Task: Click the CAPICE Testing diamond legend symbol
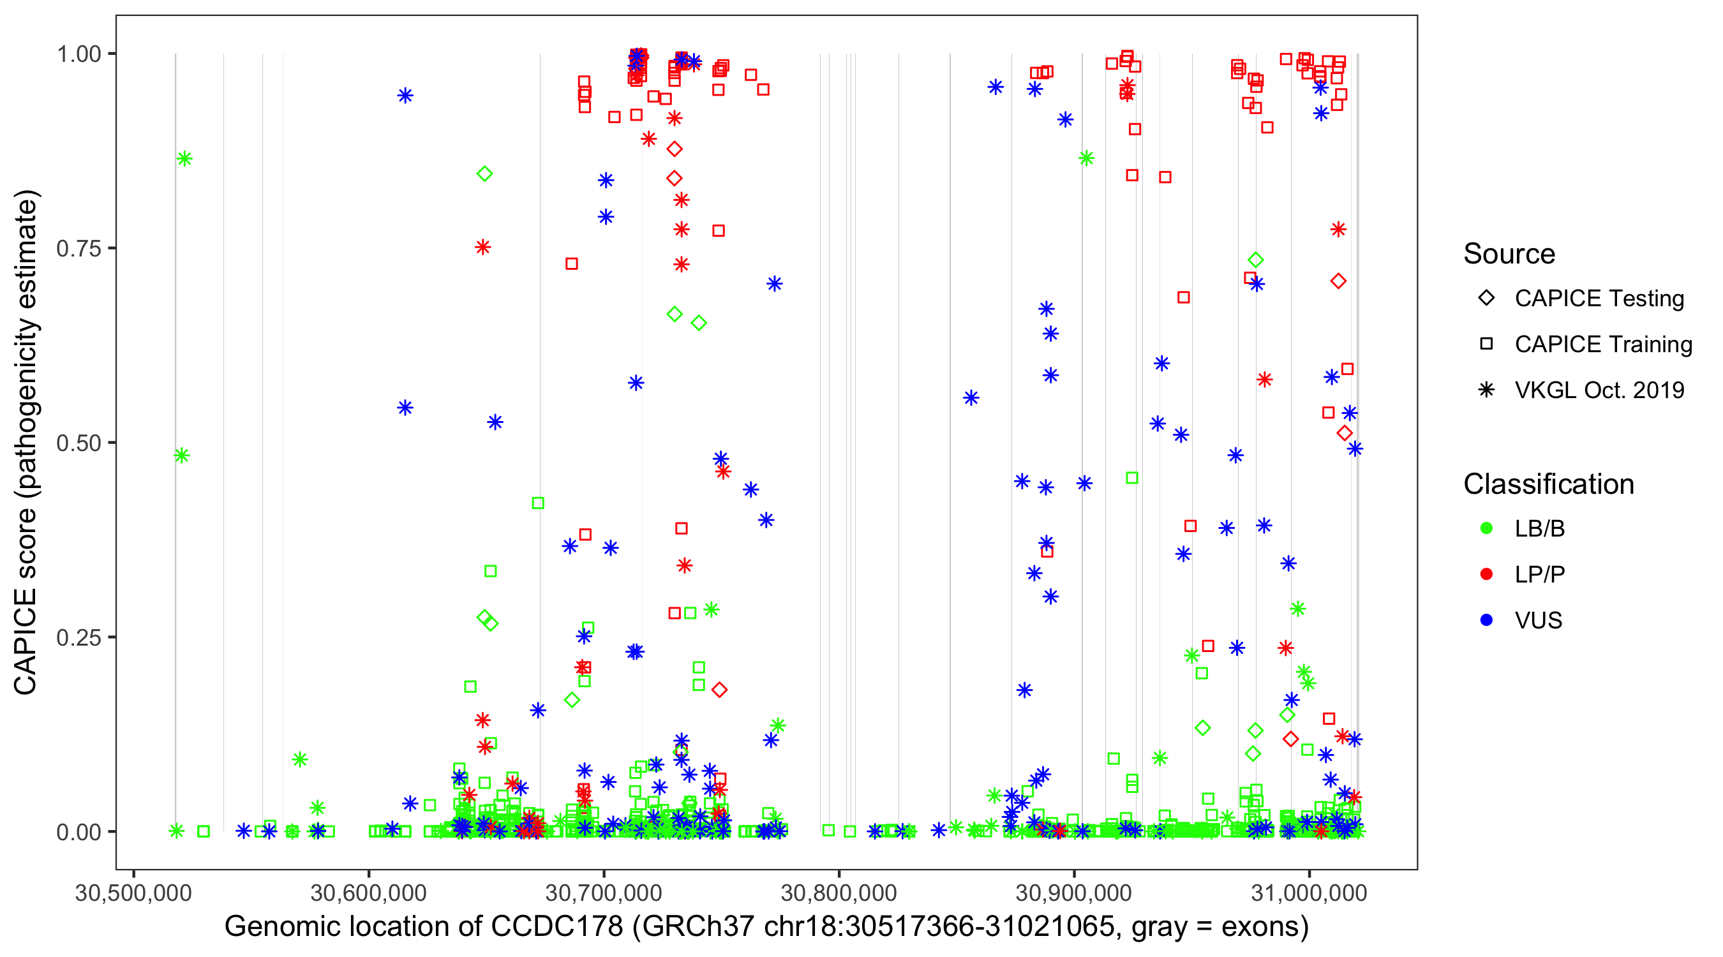1486,299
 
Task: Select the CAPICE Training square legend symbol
1486,345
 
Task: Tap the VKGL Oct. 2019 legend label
1599,390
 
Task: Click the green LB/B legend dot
1486,528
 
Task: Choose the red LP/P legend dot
1486,574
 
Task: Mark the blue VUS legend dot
1486,621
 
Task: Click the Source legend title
1509,254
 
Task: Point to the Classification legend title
1548,484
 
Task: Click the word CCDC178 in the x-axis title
556,927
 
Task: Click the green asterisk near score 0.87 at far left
184,158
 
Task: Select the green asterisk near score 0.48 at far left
181,456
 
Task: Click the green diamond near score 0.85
485,174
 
